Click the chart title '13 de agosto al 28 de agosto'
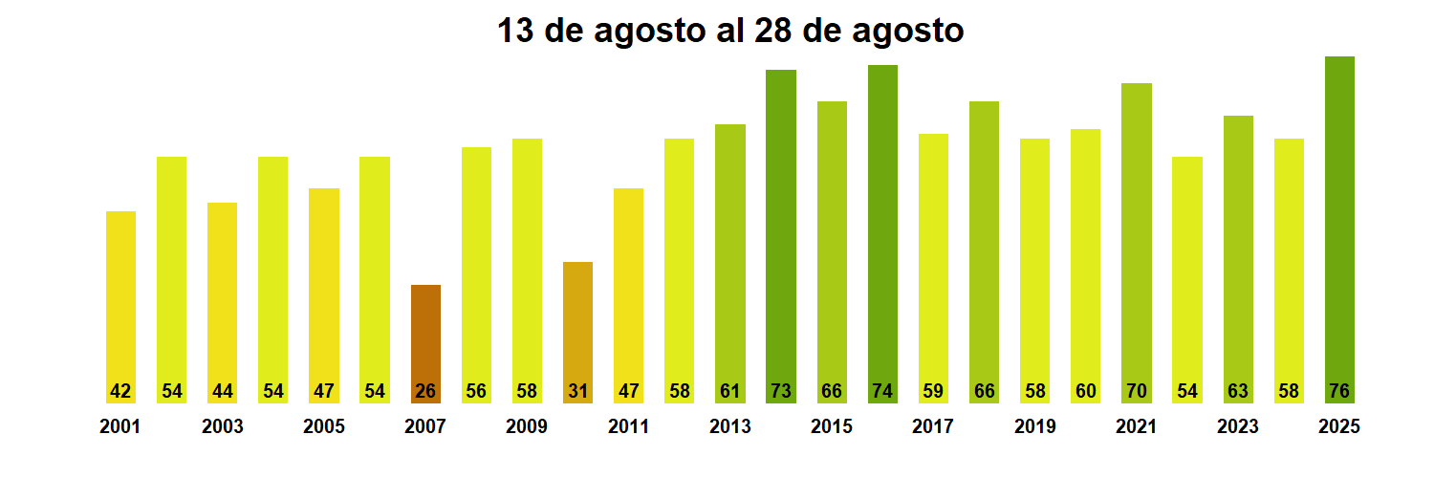(x=730, y=31)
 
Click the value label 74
(x=882, y=391)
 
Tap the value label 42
(x=120, y=391)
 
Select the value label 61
(x=730, y=391)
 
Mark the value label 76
(x=1339, y=391)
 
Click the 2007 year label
(x=425, y=427)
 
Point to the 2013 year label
(x=730, y=427)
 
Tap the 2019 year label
(x=1034, y=427)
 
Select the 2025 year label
(x=1339, y=427)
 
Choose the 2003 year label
(x=222, y=427)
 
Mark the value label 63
(x=1238, y=391)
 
